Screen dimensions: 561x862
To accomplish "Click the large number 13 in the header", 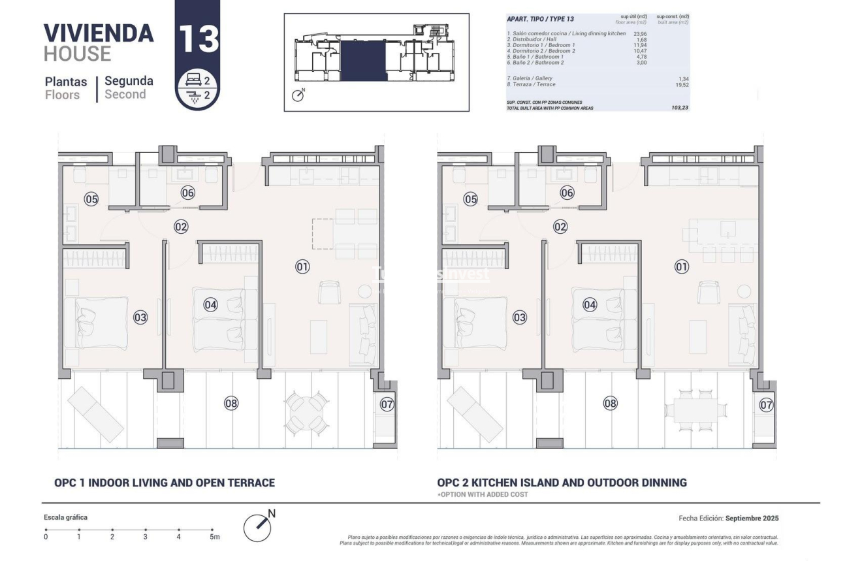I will [x=198, y=38].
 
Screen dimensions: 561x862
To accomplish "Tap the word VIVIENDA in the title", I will [x=99, y=33].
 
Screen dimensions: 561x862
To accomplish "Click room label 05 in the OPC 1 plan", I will [x=91, y=199].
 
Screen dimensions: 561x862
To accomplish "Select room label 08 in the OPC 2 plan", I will [x=610, y=403].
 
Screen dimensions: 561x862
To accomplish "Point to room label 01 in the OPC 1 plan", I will [x=302, y=266].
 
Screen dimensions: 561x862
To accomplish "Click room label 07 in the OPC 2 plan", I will [x=766, y=405].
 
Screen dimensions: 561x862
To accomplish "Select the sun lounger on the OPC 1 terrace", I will [x=95, y=413].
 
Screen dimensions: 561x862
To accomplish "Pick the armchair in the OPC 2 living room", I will [x=707, y=292].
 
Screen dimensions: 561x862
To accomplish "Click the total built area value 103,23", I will [x=680, y=108].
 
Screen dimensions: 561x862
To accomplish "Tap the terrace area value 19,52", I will [x=682, y=84].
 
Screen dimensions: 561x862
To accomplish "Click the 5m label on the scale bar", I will [x=214, y=537].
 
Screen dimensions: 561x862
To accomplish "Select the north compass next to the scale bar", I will [x=258, y=526].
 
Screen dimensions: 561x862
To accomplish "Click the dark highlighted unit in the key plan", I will [x=363, y=59].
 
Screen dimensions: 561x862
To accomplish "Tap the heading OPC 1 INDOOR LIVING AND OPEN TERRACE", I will [x=165, y=483].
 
